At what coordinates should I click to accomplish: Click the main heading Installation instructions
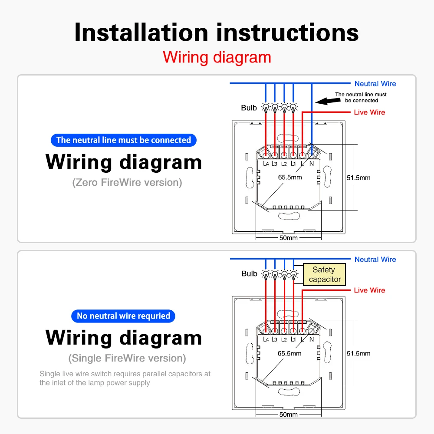(217, 33)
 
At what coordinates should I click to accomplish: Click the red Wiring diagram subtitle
(217, 57)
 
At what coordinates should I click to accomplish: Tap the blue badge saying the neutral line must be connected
(124, 140)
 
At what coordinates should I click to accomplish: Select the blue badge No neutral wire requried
(123, 316)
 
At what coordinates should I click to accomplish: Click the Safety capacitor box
(325, 275)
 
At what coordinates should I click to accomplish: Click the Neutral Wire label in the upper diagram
(375, 84)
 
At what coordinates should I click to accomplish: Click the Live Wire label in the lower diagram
(369, 290)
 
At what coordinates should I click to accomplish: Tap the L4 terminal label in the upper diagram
(266, 164)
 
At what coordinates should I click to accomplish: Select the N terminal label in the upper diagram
(311, 164)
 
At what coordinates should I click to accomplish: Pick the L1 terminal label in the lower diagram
(293, 339)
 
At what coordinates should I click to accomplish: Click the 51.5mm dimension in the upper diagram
(358, 178)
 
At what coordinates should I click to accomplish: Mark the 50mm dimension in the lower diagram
(288, 414)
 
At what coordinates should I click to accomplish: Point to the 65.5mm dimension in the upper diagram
(289, 177)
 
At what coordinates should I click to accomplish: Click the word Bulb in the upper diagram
(249, 108)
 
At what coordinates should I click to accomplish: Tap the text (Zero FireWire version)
(127, 182)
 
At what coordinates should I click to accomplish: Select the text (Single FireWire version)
(127, 358)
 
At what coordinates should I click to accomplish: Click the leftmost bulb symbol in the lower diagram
(266, 274)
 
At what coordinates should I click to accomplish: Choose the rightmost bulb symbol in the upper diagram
(293, 107)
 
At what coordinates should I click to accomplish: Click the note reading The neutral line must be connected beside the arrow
(361, 97)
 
